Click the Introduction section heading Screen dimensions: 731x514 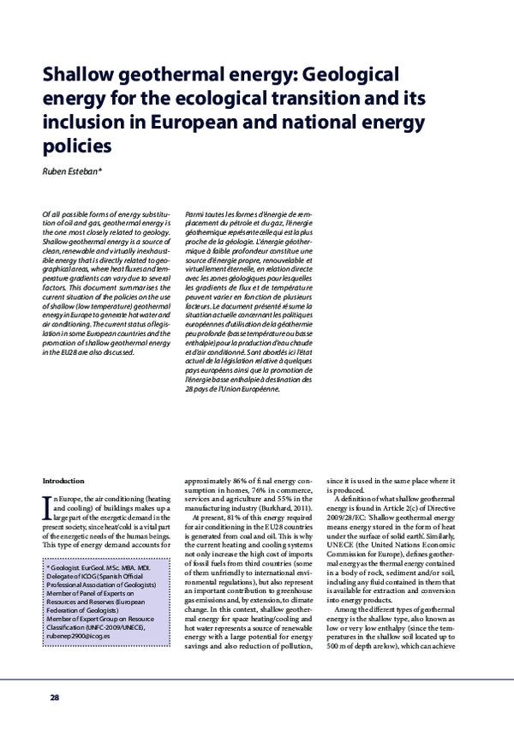click(x=63, y=481)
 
